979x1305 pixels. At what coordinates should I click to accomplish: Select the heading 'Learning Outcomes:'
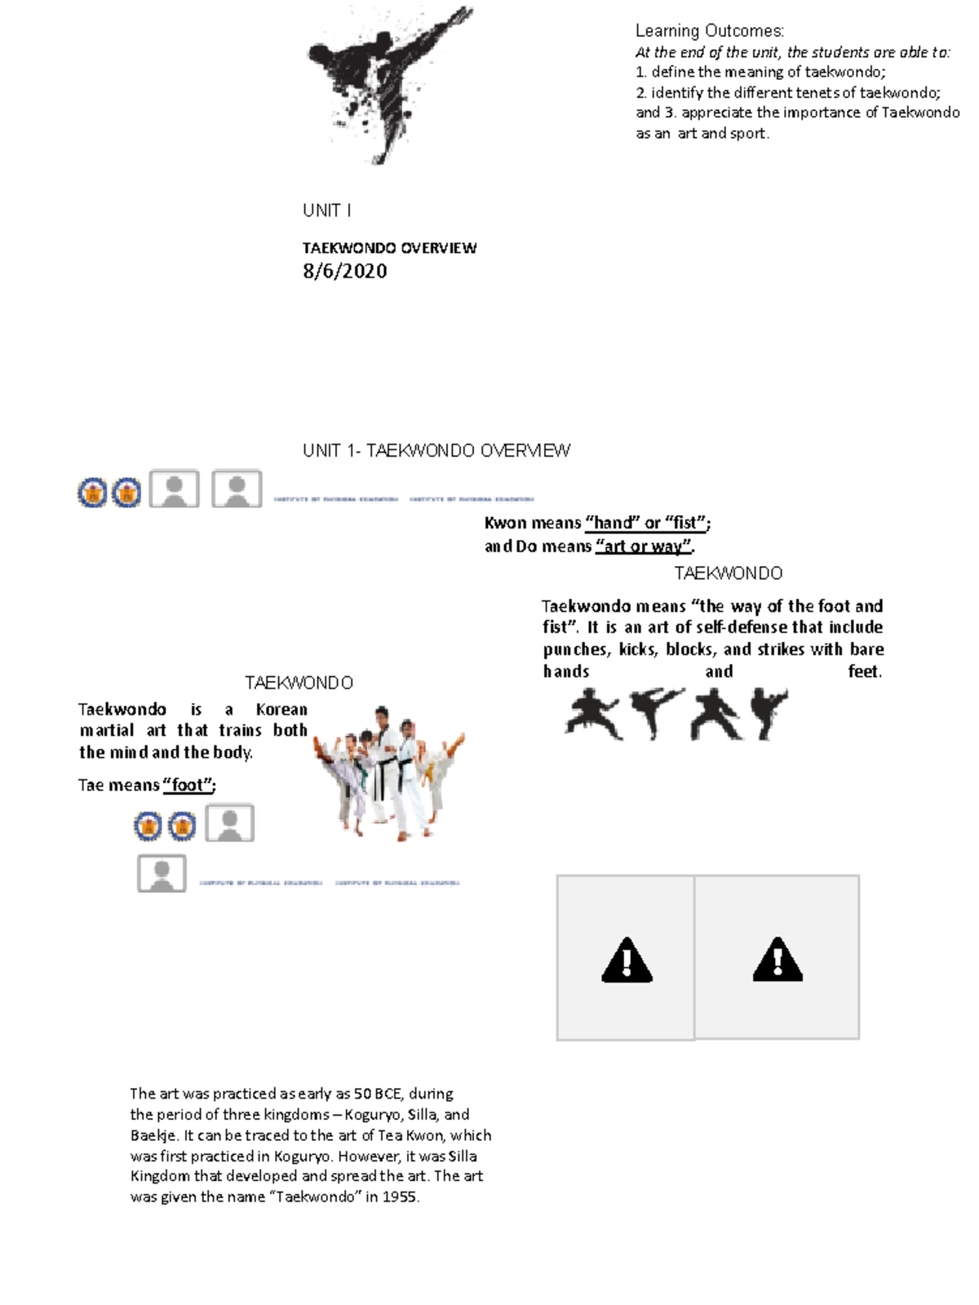click(x=709, y=31)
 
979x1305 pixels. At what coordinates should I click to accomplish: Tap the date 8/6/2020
click(x=344, y=272)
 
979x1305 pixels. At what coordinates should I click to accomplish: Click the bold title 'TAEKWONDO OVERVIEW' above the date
click(x=389, y=248)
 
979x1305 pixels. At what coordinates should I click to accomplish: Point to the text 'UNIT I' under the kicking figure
click(x=326, y=210)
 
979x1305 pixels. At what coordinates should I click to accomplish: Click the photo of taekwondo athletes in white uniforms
click(x=389, y=771)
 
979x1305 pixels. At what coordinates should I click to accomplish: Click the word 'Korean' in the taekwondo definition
click(x=281, y=710)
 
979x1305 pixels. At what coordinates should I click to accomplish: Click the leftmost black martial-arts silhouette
click(x=594, y=714)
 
